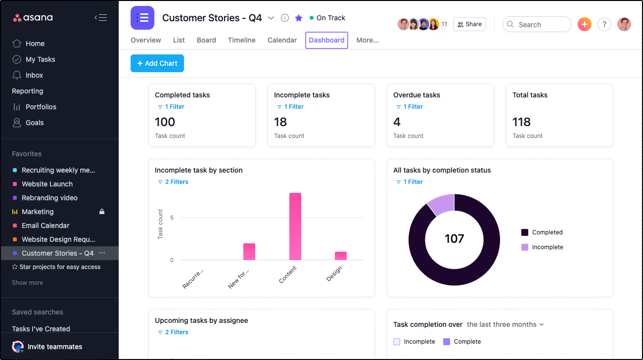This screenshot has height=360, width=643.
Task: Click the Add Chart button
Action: click(157, 63)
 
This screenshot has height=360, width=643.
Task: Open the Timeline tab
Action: click(241, 40)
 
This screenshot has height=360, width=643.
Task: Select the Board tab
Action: click(206, 40)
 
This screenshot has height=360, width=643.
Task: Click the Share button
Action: click(469, 24)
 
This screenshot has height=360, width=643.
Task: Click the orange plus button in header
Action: click(584, 24)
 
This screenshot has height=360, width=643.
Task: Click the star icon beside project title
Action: click(299, 18)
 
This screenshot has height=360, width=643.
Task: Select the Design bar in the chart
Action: click(341, 256)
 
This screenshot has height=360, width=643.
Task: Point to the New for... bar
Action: click(249, 252)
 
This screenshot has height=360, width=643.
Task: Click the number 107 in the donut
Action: click(454, 239)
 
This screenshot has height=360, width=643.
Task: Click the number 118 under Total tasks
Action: click(521, 122)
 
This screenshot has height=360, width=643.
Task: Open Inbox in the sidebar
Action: click(34, 75)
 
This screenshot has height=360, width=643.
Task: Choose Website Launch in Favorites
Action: click(47, 184)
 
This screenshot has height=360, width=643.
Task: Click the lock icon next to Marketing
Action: click(102, 212)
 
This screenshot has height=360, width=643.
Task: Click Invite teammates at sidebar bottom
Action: click(54, 347)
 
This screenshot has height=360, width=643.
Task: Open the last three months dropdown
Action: click(505, 324)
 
